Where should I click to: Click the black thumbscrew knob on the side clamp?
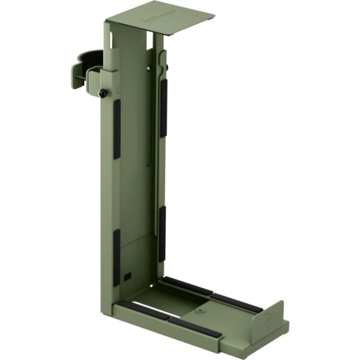(103, 93)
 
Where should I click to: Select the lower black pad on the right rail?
(162, 234)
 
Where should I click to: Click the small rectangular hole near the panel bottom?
(128, 276)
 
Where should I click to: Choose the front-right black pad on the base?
(191, 327)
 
